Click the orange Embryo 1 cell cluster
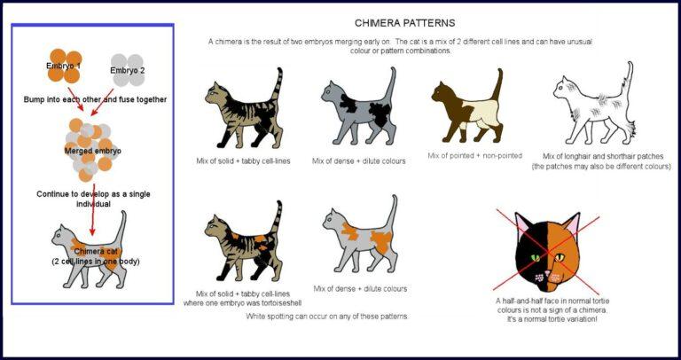pyautogui.click(x=64, y=65)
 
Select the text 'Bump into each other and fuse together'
pyautogui.click(x=95, y=99)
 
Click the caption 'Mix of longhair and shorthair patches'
pyautogui.click(x=600, y=160)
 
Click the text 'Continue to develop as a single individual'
pyautogui.click(x=86, y=198)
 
